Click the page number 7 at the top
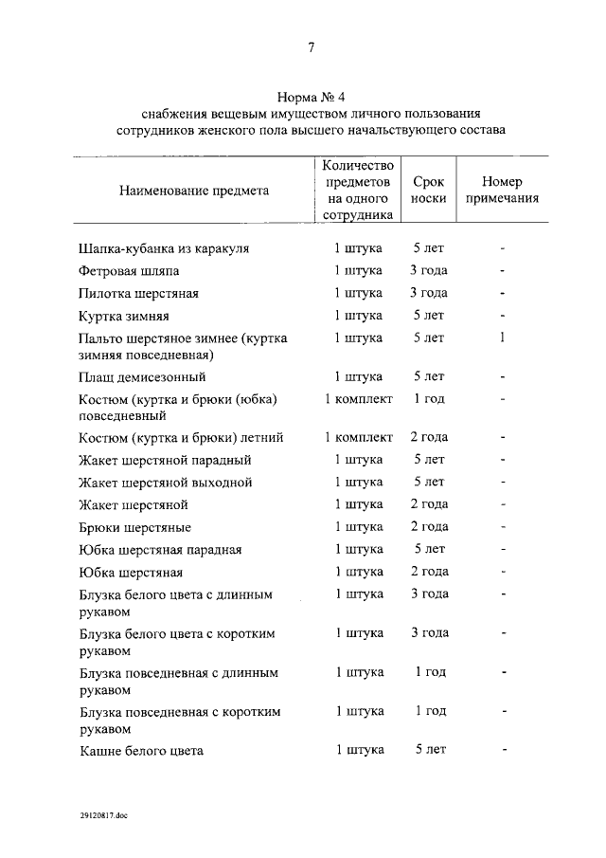[x=311, y=48]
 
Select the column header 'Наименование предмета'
[x=193, y=191]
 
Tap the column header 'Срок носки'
[x=428, y=191]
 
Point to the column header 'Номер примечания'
[x=502, y=191]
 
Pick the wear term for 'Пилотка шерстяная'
[x=428, y=293]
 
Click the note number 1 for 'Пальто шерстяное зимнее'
[x=503, y=338]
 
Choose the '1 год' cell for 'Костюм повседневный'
[x=428, y=399]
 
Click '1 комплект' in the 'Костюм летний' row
[x=358, y=437]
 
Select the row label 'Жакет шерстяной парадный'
[x=165, y=461]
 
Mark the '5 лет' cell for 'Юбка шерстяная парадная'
[x=428, y=549]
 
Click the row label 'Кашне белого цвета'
[x=141, y=751]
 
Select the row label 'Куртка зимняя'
[x=124, y=316]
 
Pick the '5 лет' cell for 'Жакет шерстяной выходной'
[x=428, y=482]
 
